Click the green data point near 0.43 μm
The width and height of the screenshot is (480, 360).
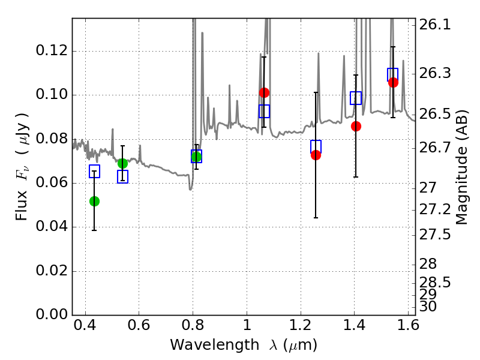pyautogui.click(x=95, y=201)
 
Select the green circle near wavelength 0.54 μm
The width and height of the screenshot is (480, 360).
pyautogui.click(x=122, y=163)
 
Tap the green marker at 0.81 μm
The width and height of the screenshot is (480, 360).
pyautogui.click(x=196, y=157)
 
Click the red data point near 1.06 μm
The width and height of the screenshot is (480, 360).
pyautogui.click(x=264, y=92)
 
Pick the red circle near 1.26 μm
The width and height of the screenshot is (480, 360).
pyautogui.click(x=316, y=155)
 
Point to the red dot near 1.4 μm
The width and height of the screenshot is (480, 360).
pyautogui.click(x=356, y=126)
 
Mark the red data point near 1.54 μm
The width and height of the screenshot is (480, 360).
pyautogui.click(x=393, y=82)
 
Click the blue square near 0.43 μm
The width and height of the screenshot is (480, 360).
pyautogui.click(x=95, y=171)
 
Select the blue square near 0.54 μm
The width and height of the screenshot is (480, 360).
pyautogui.click(x=122, y=176)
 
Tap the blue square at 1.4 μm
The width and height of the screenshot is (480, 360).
pyautogui.click(x=356, y=98)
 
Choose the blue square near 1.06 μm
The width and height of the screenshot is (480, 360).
pyautogui.click(x=264, y=111)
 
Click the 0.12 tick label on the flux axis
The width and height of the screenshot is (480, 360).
pyautogui.click(x=52, y=50)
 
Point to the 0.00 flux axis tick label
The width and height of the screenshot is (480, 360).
pyautogui.click(x=52, y=314)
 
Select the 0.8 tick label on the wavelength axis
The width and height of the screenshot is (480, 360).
pyautogui.click(x=193, y=325)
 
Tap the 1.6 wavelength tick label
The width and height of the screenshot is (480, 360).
pyautogui.click(x=408, y=325)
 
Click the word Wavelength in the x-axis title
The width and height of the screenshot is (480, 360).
pyautogui.click(x=215, y=345)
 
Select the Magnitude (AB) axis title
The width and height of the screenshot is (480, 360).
pyautogui.click(x=461, y=167)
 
